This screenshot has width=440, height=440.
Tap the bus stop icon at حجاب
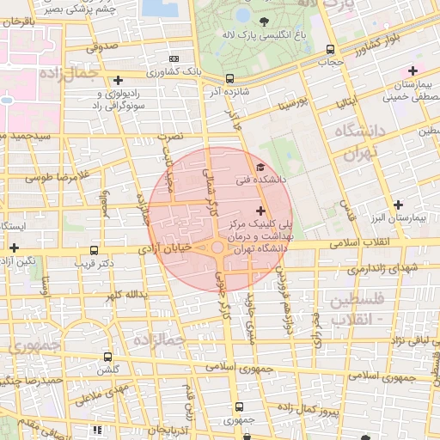tap(331, 50)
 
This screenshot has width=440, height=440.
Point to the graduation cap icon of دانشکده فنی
tap(260, 167)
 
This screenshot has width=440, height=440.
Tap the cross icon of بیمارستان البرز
tap(397, 205)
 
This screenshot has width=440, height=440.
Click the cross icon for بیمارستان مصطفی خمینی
tap(412, 70)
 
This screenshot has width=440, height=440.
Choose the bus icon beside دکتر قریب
tap(94, 250)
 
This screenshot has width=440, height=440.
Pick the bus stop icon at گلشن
tap(107, 356)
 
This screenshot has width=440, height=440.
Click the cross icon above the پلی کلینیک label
tap(260, 210)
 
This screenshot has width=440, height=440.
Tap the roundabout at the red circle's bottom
tap(218, 248)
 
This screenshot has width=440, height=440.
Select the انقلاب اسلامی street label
tap(379, 243)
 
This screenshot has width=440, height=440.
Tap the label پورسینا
tap(291, 105)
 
